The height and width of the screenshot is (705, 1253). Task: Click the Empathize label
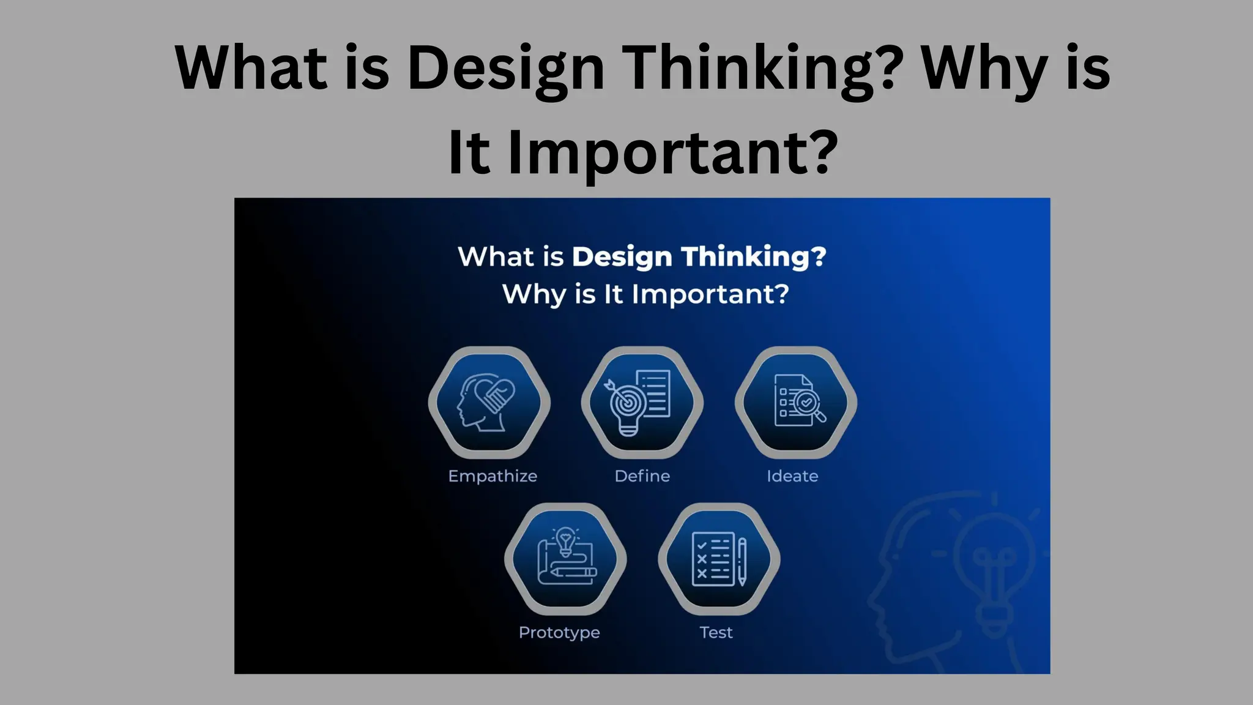click(493, 476)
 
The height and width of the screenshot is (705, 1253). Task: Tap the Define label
click(642, 476)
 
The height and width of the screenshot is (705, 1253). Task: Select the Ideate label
click(792, 476)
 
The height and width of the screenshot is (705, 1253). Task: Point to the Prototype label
click(559, 632)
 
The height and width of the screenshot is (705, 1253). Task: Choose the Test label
click(716, 632)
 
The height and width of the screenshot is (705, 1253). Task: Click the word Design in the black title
click(505, 69)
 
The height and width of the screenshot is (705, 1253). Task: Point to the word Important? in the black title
click(673, 153)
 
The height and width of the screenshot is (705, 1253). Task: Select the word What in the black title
click(251, 69)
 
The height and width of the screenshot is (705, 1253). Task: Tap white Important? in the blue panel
click(710, 294)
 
